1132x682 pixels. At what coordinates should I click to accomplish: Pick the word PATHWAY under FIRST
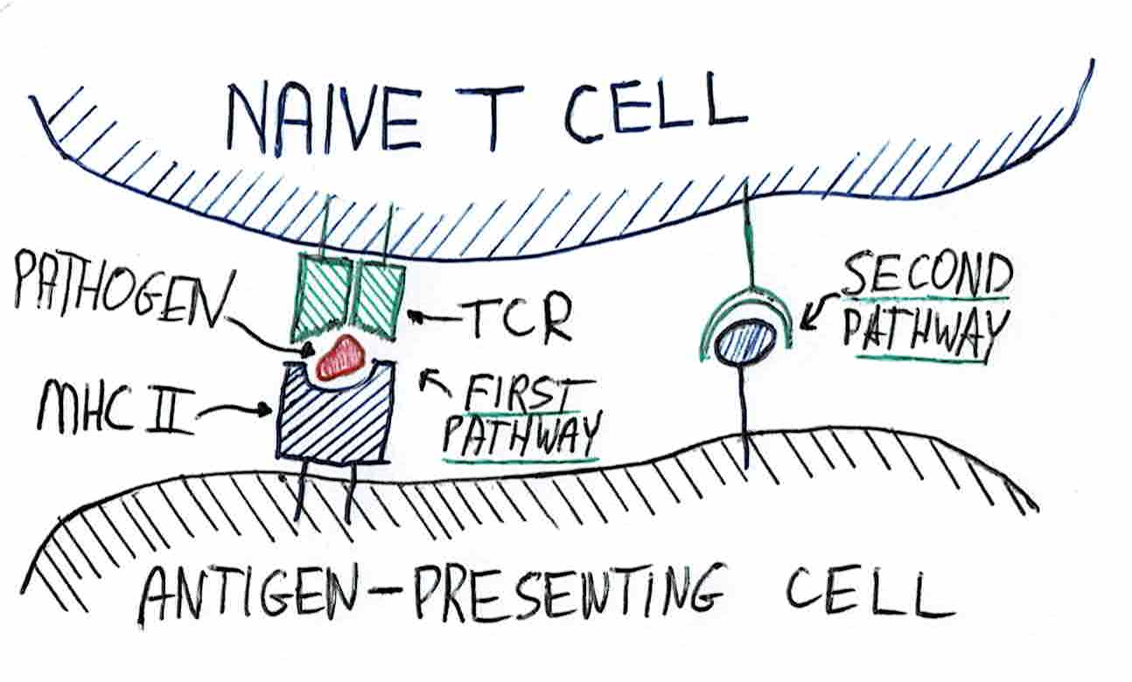tap(521, 435)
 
